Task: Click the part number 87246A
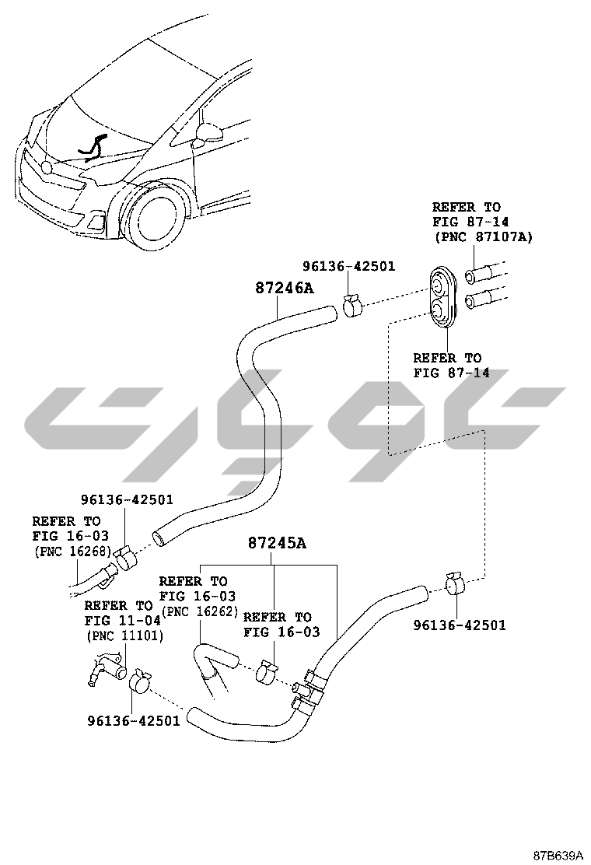pyautogui.click(x=284, y=289)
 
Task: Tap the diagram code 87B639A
pyautogui.click(x=558, y=854)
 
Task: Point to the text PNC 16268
pyautogui.click(x=72, y=551)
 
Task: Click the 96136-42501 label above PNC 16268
pyautogui.click(x=127, y=499)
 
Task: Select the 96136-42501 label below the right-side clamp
pyautogui.click(x=459, y=625)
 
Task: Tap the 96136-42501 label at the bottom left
pyautogui.click(x=133, y=720)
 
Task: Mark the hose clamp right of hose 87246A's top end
pyautogui.click(x=351, y=305)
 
